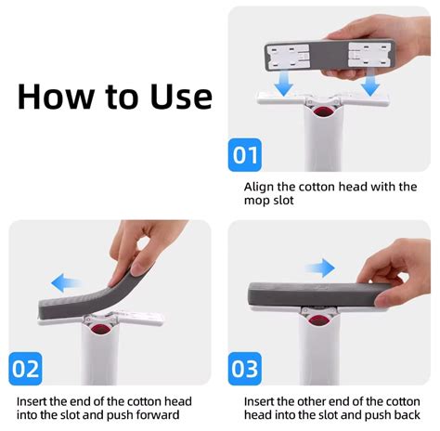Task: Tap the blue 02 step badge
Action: coord(26,369)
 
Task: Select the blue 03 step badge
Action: coord(245,369)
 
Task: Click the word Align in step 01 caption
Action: coord(261,186)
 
